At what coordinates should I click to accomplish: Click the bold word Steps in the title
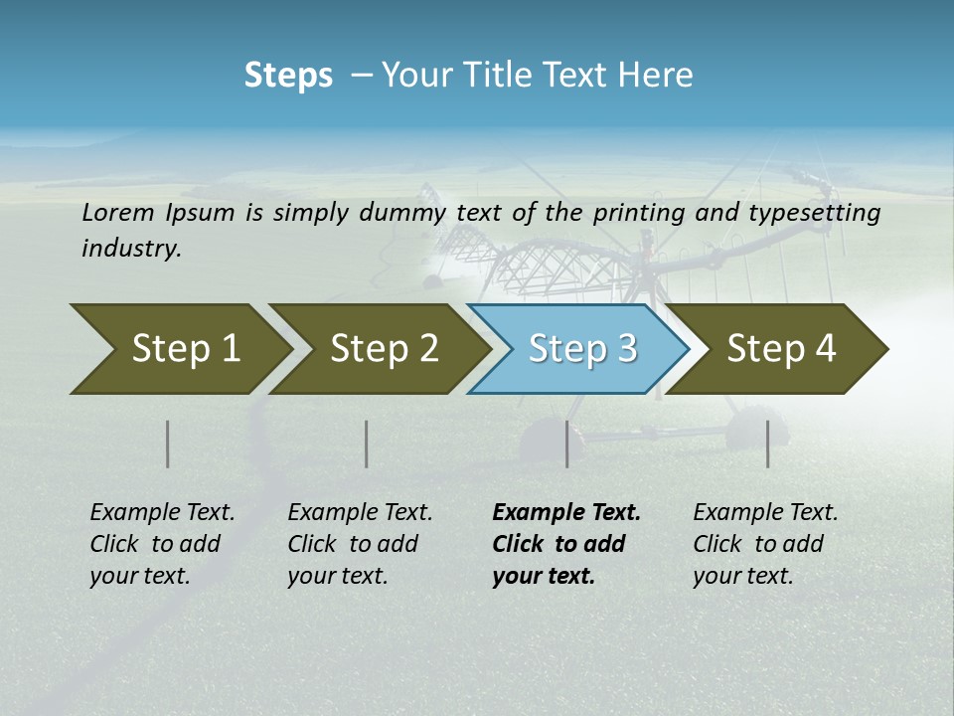tap(288, 75)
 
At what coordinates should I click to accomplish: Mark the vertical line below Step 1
tap(168, 444)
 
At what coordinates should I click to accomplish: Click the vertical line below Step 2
tap(367, 444)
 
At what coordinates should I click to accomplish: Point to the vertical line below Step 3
tap(566, 444)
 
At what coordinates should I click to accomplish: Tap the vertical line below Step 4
tap(767, 444)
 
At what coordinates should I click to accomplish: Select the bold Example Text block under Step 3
tap(565, 544)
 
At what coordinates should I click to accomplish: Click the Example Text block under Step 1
tap(162, 544)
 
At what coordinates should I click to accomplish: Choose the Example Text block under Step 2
tap(360, 544)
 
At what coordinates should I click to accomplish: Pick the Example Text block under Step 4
tap(765, 544)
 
